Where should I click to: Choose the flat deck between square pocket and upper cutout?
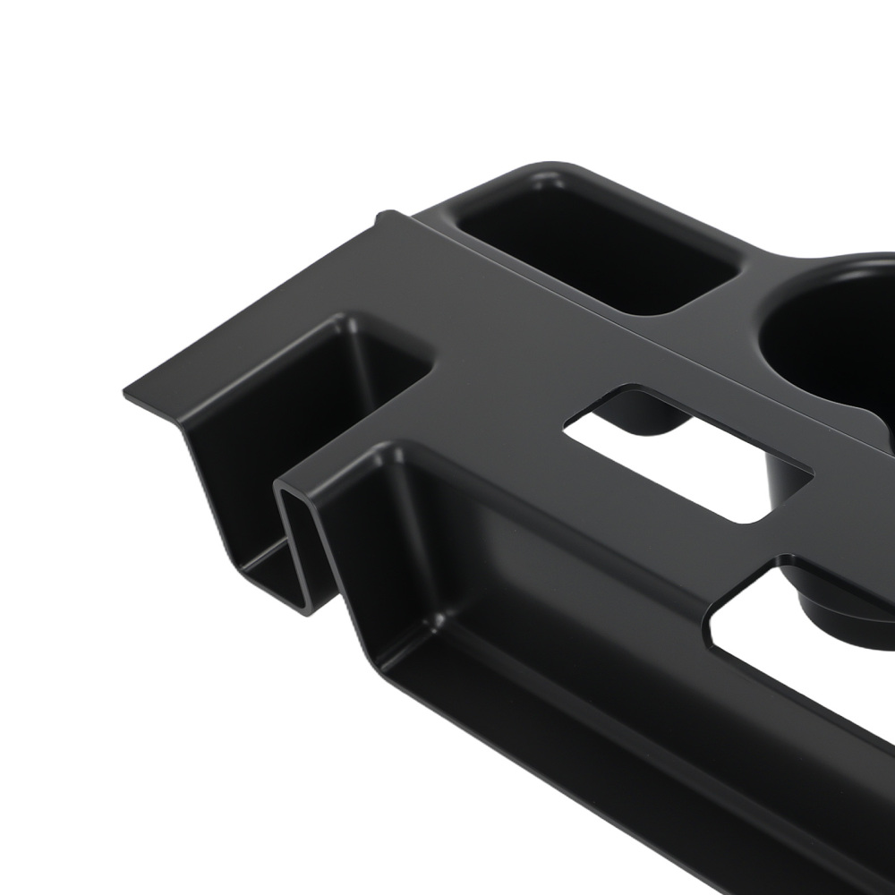tap(510, 376)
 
